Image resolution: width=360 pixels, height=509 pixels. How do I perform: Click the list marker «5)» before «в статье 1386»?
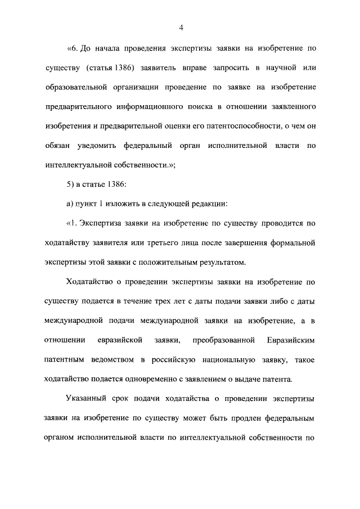click(x=70, y=185)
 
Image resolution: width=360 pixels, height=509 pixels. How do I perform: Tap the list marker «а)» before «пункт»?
click(x=70, y=204)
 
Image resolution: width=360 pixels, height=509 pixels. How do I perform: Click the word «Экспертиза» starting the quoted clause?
click(x=105, y=224)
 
